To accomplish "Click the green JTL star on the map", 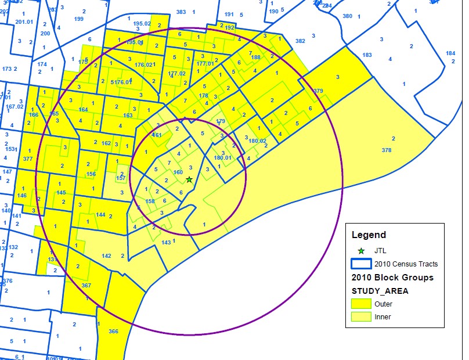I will [189, 179].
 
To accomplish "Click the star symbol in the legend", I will [361, 251].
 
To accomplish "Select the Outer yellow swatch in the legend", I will [361, 304].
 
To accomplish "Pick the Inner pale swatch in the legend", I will [361, 317].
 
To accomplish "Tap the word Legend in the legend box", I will [369, 235].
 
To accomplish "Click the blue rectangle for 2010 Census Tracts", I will [361, 264].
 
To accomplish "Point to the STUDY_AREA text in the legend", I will [380, 291].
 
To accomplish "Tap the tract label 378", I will [387, 150].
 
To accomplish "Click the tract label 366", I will [113, 332].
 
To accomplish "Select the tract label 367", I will [86, 286].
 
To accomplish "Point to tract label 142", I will [106, 256].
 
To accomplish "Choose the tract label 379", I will [318, 91].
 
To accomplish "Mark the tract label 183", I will [367, 55].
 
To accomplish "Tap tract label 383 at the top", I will [181, 12].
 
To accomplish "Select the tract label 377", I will [28, 159].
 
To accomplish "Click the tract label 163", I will [128, 116].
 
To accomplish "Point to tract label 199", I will [79, 19].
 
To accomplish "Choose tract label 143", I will [167, 242].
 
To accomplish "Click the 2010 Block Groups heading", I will [392, 278].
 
